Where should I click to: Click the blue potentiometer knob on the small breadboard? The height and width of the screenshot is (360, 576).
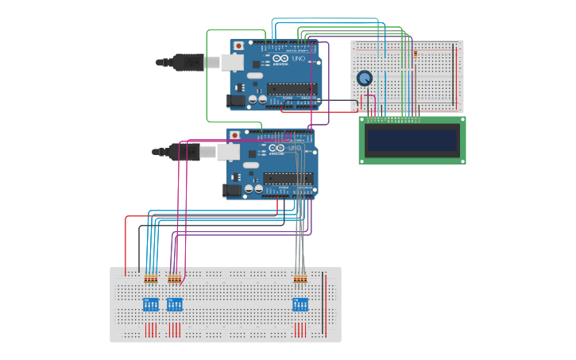(365, 78)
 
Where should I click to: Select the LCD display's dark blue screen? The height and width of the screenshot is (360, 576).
(412, 141)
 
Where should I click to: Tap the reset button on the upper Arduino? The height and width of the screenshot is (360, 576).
(238, 46)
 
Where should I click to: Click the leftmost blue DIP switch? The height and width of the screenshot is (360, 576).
(151, 304)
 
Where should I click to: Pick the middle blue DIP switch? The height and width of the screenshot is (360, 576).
(175, 304)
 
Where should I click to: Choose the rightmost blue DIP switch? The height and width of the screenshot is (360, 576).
(300, 304)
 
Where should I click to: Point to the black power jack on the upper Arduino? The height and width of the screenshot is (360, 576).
(236, 101)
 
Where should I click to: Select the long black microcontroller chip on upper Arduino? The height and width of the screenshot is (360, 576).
(291, 88)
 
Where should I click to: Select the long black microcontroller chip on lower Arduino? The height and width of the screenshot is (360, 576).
(288, 177)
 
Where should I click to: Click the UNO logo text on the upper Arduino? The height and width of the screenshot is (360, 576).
(299, 60)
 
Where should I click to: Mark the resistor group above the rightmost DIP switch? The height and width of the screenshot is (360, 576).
(300, 278)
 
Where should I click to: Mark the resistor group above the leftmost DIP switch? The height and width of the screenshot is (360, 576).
(151, 278)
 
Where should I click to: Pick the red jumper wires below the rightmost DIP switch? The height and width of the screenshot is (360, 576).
(300, 328)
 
